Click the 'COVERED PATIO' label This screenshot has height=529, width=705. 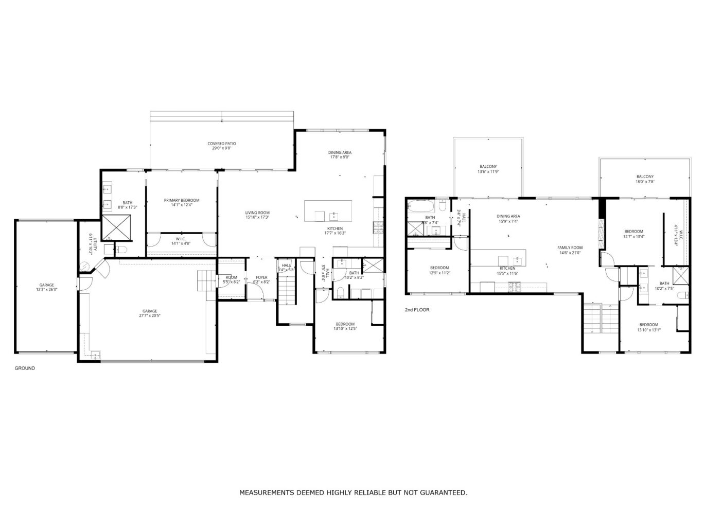(x=222, y=144)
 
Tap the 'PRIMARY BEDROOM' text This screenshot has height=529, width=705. (x=182, y=200)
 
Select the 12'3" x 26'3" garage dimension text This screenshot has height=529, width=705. (x=47, y=290)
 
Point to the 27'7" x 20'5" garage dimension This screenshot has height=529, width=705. (x=150, y=316)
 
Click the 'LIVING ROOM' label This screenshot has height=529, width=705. (x=257, y=213)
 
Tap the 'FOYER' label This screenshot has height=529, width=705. (x=261, y=277)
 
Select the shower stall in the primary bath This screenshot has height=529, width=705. (x=116, y=227)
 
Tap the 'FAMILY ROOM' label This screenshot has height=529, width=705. (x=570, y=248)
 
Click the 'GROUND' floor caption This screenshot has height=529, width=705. (x=25, y=368)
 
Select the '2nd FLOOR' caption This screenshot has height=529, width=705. (x=417, y=310)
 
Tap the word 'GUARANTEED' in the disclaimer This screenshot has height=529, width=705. (x=443, y=493)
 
